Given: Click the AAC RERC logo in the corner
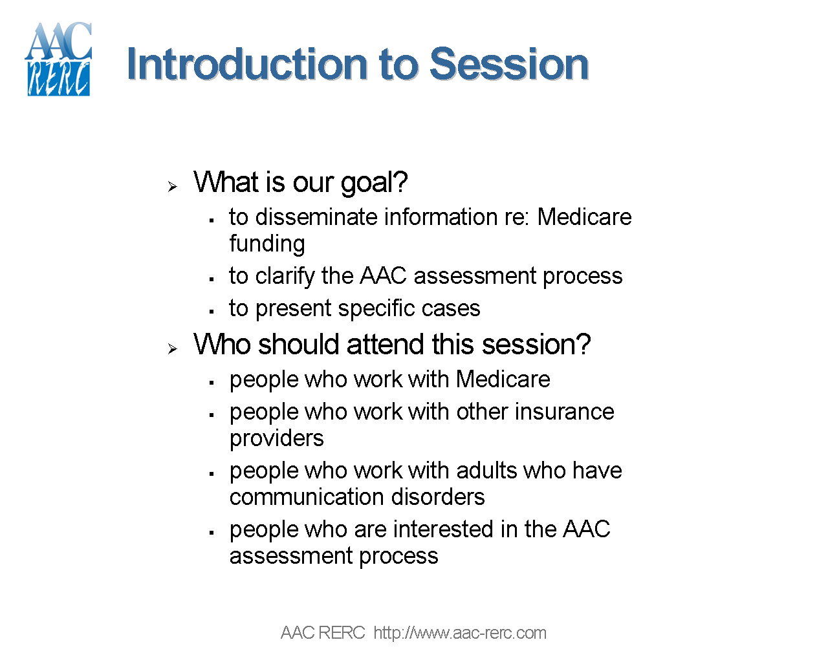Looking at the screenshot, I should pos(58,59).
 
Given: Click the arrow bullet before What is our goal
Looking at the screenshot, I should pos(172,187).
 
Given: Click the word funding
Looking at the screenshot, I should pos(267,244).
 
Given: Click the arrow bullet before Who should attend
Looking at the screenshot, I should pos(172,349).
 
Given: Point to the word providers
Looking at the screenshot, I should pos(277,439).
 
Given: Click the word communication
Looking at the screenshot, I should pos(307,497).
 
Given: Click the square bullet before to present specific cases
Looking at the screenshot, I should pos(212,312).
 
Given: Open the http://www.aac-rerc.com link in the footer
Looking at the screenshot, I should pos(460,633).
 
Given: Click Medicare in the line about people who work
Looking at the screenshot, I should pos(503,379).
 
